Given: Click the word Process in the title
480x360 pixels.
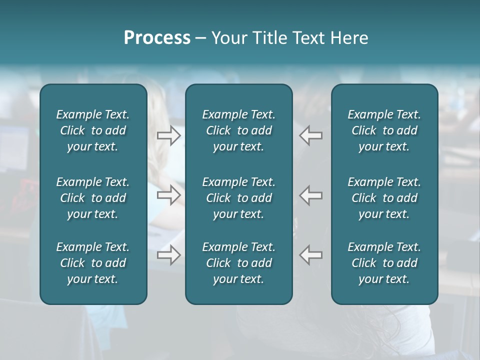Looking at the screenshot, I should pos(157,38).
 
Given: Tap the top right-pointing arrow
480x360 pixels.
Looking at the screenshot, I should pos(169,135).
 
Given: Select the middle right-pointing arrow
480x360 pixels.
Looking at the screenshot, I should pos(169,195).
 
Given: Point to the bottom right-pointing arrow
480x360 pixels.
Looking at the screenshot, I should pos(169,255).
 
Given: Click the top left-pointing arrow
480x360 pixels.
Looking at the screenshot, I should pos(310,135).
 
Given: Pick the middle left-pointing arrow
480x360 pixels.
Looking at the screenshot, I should pos(310,195).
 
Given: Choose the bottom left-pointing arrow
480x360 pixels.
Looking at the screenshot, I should pos(310,255).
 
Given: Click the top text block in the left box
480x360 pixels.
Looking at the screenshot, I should pos(93,130).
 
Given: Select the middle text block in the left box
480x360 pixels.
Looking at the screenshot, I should pos(93,198).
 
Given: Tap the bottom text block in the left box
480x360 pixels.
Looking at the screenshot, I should pos(93,263).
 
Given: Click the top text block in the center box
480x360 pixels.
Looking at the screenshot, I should pos(238,130).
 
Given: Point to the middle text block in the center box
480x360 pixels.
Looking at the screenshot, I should pos(238,198).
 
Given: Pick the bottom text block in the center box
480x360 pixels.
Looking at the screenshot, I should pos(238,263).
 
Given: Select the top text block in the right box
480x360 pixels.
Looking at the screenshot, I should pos(384,130).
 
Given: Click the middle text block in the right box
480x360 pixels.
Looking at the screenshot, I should pos(384,198).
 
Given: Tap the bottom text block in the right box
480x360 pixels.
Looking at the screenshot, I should pos(384,263).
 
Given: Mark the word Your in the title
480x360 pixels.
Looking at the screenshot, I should pos(228,38).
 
